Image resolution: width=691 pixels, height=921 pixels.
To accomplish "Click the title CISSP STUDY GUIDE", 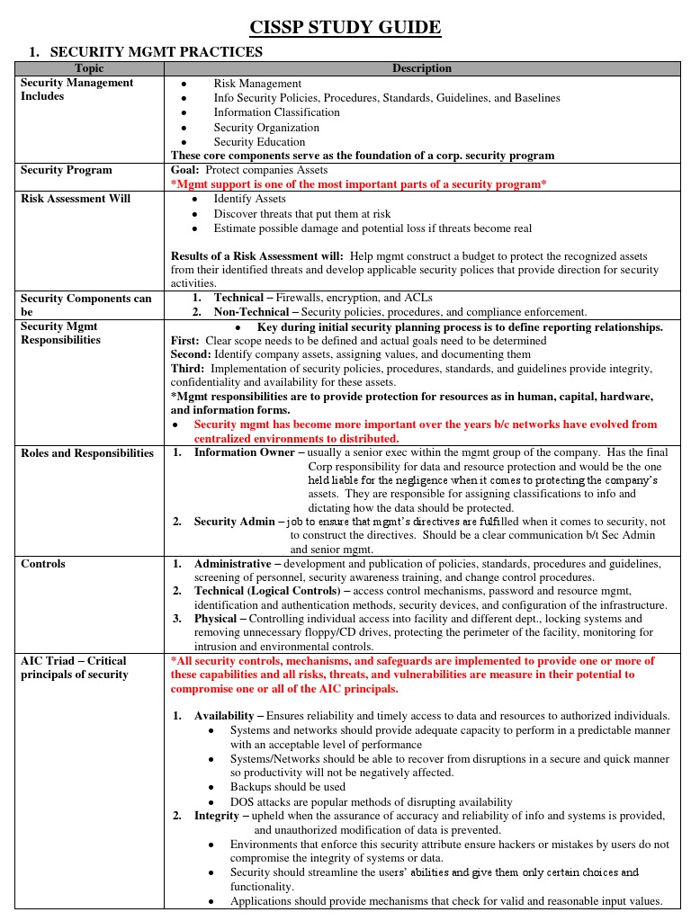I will coord(345,28).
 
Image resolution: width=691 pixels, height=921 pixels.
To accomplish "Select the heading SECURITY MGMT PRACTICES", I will coord(156,52).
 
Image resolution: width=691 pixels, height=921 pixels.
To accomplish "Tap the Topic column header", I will coord(89,68).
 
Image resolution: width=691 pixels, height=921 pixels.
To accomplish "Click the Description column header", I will coord(421,68).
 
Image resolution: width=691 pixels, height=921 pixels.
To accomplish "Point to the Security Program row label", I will coord(67,170).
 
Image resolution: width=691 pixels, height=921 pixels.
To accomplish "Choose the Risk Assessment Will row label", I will coord(76,199).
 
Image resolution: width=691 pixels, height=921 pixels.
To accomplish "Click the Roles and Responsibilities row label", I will coord(87,453).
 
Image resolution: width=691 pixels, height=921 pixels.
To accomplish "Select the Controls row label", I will coord(43,564).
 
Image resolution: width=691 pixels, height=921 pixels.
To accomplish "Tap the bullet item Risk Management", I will coord(257,84).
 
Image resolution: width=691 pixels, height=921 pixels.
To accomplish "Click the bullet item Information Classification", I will coord(276,112).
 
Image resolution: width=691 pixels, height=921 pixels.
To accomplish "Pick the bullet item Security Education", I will coord(259,142).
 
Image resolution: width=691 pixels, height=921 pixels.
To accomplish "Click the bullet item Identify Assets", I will coord(249,199).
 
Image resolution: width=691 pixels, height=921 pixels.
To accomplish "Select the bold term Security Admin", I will coord(228,522).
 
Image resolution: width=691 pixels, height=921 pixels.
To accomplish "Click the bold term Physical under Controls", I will coord(215,619).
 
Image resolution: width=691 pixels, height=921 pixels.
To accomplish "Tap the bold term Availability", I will coord(224,715).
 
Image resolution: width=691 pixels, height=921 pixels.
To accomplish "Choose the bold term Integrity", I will coord(216,816).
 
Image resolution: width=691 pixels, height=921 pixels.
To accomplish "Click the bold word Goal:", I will coord(185,170).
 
